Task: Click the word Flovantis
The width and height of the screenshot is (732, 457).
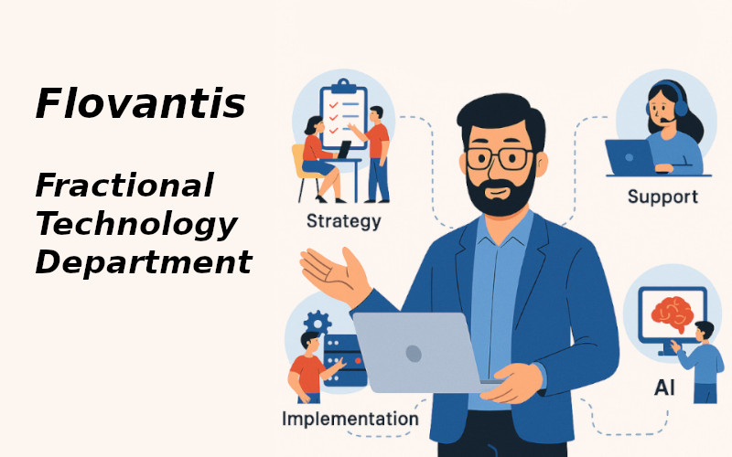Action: point(140,103)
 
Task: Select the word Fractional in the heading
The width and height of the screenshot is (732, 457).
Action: point(124,185)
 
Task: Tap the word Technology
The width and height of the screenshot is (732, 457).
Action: point(135,223)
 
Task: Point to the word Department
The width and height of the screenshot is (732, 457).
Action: point(143,262)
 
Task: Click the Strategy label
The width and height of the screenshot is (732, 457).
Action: point(343,221)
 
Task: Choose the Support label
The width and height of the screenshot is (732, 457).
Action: point(662,197)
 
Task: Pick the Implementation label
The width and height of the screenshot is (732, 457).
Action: point(350,420)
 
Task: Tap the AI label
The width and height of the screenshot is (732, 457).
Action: point(664,388)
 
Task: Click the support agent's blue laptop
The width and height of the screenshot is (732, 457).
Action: point(630,156)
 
